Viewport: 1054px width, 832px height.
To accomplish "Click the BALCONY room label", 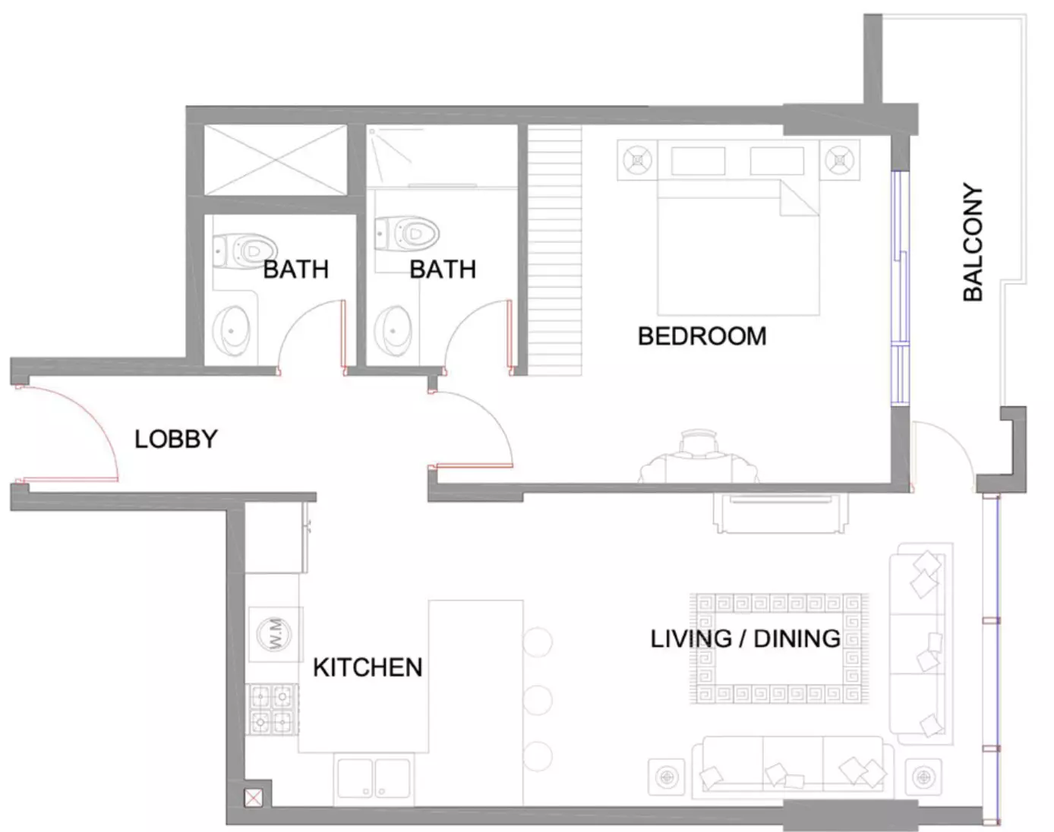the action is pos(973,242).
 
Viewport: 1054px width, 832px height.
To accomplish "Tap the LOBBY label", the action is pos(176,439).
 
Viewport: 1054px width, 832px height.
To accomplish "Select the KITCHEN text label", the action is pos(368,667).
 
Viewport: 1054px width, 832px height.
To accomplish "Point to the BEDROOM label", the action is pos(702,336).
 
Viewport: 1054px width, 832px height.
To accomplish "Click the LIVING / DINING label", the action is pos(745,638).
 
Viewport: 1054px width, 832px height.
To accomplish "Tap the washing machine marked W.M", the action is pos(275,634).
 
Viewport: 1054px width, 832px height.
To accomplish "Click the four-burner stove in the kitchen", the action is pos(273,710).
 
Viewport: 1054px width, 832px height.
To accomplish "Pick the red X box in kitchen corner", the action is pos(253,798).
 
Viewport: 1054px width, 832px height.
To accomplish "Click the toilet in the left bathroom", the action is pos(245,251).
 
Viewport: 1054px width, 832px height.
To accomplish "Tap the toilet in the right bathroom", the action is pos(406,234).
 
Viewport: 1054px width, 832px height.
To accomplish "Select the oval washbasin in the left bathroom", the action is pos(231,332).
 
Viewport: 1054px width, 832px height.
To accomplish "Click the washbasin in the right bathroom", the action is pos(393,331).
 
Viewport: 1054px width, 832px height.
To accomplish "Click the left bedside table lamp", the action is pos(637,160).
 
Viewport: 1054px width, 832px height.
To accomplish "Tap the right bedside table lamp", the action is pos(840,160).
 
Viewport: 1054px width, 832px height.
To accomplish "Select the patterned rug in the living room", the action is pos(779,648).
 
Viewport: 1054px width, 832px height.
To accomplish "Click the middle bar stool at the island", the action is pos(538,699).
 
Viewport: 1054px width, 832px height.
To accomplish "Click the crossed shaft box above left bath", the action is pos(275,159).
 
